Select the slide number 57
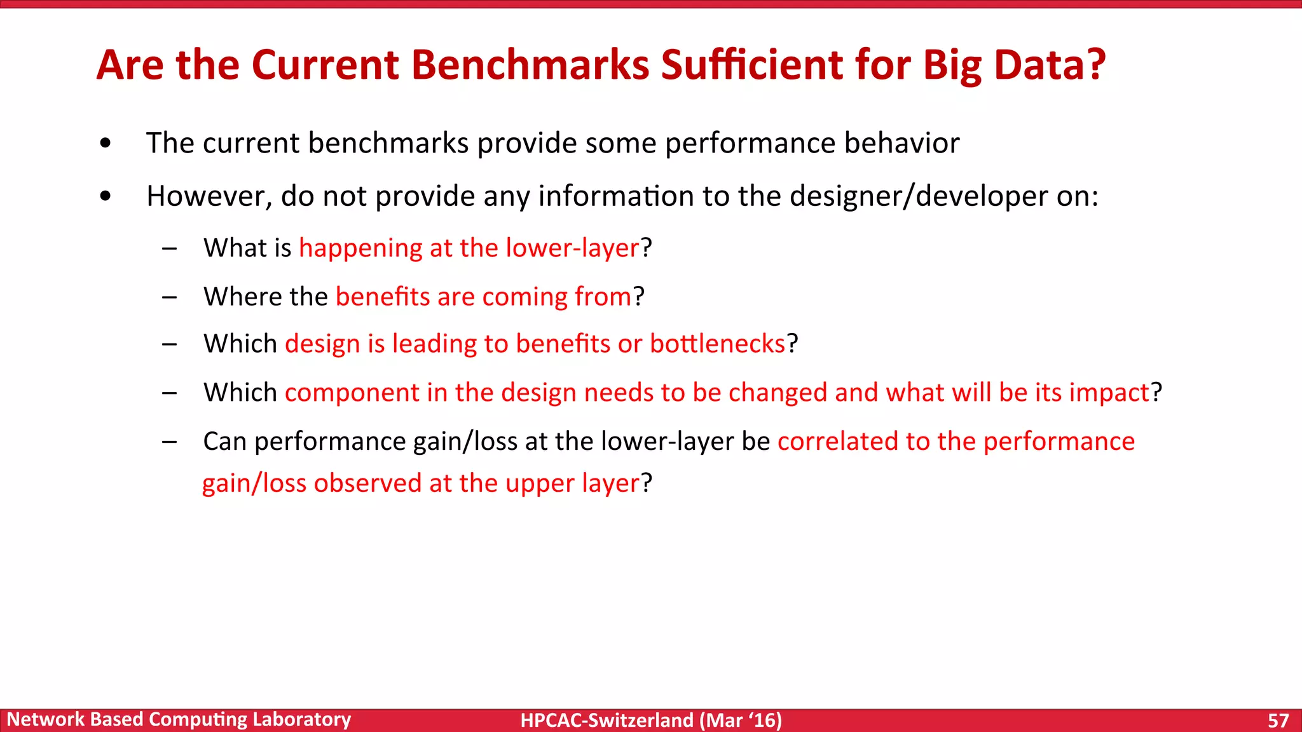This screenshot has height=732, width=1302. point(1278,721)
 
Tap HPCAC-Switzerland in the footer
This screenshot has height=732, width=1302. point(606,721)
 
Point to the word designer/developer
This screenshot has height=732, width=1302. point(919,196)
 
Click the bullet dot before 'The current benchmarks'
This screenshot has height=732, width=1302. point(106,144)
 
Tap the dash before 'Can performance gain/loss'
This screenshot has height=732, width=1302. point(169,442)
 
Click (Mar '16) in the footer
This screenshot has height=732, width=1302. point(741,721)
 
